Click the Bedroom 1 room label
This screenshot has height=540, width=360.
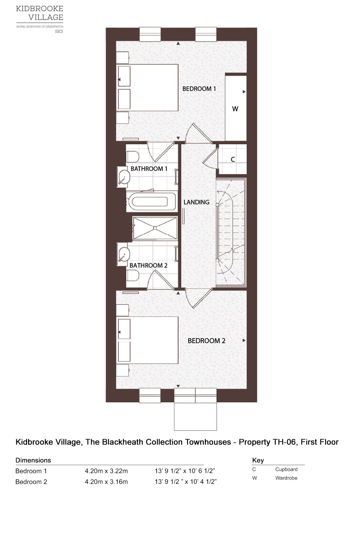click(199, 89)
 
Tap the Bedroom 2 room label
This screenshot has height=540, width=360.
click(206, 341)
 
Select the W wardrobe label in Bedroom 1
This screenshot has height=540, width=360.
click(235, 109)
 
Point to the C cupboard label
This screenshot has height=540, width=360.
click(233, 159)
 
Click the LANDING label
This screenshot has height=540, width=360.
click(196, 202)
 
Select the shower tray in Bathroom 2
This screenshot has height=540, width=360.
click(155, 228)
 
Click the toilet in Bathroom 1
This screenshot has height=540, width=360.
click(132, 157)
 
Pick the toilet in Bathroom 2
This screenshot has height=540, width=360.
click(132, 275)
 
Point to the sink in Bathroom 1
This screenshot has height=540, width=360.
click(123, 177)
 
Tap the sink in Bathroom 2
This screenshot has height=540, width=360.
click(123, 254)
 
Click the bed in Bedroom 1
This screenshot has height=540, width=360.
click(148, 88)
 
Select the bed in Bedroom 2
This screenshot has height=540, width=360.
click(148, 340)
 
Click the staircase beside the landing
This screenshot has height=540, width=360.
click(231, 232)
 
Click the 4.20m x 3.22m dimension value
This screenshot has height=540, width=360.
click(106, 471)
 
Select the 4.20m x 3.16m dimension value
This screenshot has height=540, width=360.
click(106, 482)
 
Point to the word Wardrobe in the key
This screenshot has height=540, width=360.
click(286, 478)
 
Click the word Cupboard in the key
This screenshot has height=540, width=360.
click(286, 469)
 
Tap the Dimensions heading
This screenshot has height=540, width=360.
click(33, 460)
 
